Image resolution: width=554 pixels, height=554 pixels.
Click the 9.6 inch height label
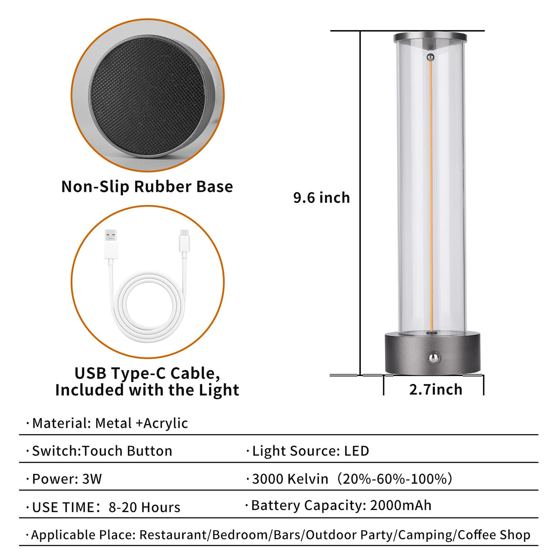coord(321,198)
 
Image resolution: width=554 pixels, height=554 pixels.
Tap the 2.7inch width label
coord(436,389)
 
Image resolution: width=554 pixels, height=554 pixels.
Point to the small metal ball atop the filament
coord(431,57)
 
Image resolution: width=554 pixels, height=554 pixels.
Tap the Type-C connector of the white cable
coord(184,241)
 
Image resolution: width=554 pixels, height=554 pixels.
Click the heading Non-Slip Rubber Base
coord(147,187)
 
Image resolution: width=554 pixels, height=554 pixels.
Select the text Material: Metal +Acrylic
coord(110,423)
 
